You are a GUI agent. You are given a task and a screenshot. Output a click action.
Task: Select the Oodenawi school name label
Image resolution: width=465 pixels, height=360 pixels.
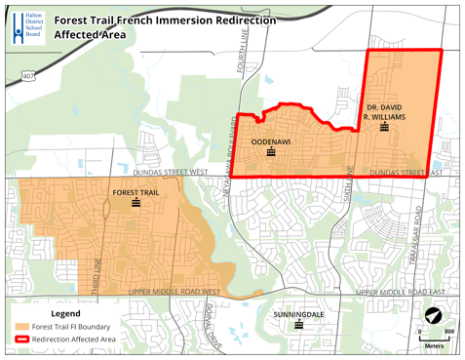click(x=270, y=141)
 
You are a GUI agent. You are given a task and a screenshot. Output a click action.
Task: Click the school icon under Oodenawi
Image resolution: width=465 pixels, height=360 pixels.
click(x=270, y=152)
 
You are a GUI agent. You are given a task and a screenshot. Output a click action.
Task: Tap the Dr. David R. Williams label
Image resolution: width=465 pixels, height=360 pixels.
click(x=385, y=111)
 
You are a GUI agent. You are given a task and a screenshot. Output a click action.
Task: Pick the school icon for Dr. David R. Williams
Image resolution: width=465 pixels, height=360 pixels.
click(x=385, y=127)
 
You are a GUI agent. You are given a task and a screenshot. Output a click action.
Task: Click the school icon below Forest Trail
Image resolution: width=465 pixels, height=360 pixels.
click(x=136, y=204)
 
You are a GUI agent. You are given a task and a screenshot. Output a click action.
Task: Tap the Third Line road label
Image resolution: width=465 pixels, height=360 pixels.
click(x=97, y=273)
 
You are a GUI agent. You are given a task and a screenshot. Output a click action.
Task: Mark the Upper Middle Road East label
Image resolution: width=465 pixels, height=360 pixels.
click(x=400, y=292)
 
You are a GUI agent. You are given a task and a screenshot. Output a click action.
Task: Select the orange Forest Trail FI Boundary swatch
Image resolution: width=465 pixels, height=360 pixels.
click(x=20, y=327)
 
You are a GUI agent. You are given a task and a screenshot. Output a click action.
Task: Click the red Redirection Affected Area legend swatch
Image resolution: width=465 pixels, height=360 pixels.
click(x=20, y=340)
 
